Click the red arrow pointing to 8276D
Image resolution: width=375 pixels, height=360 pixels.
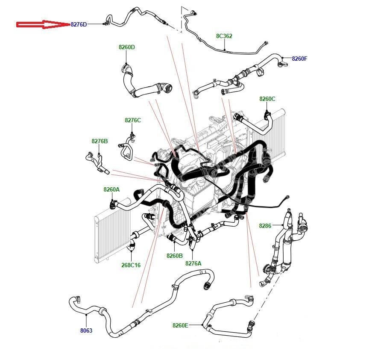click(43, 24)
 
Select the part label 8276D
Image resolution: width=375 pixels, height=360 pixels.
click(79, 24)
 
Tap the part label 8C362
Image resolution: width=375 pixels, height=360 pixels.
click(224, 36)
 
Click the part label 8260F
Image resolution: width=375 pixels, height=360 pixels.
click(299, 59)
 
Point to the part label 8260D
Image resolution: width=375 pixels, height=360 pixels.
click(127, 47)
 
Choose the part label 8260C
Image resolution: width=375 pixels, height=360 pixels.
click(267, 99)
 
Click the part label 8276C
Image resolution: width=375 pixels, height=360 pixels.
click(132, 120)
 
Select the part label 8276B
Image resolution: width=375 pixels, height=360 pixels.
click(100, 141)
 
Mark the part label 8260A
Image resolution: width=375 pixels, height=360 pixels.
click(111, 189)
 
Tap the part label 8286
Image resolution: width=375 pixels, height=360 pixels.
click(265, 225)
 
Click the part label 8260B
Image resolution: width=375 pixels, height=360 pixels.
click(175, 256)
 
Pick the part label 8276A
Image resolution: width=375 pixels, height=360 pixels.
click(193, 263)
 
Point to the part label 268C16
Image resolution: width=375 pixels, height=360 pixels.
click(131, 265)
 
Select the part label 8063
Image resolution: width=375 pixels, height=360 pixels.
click(86, 330)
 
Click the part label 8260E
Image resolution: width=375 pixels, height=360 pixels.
click(180, 325)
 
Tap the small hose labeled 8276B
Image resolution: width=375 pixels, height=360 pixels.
click(97, 163)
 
